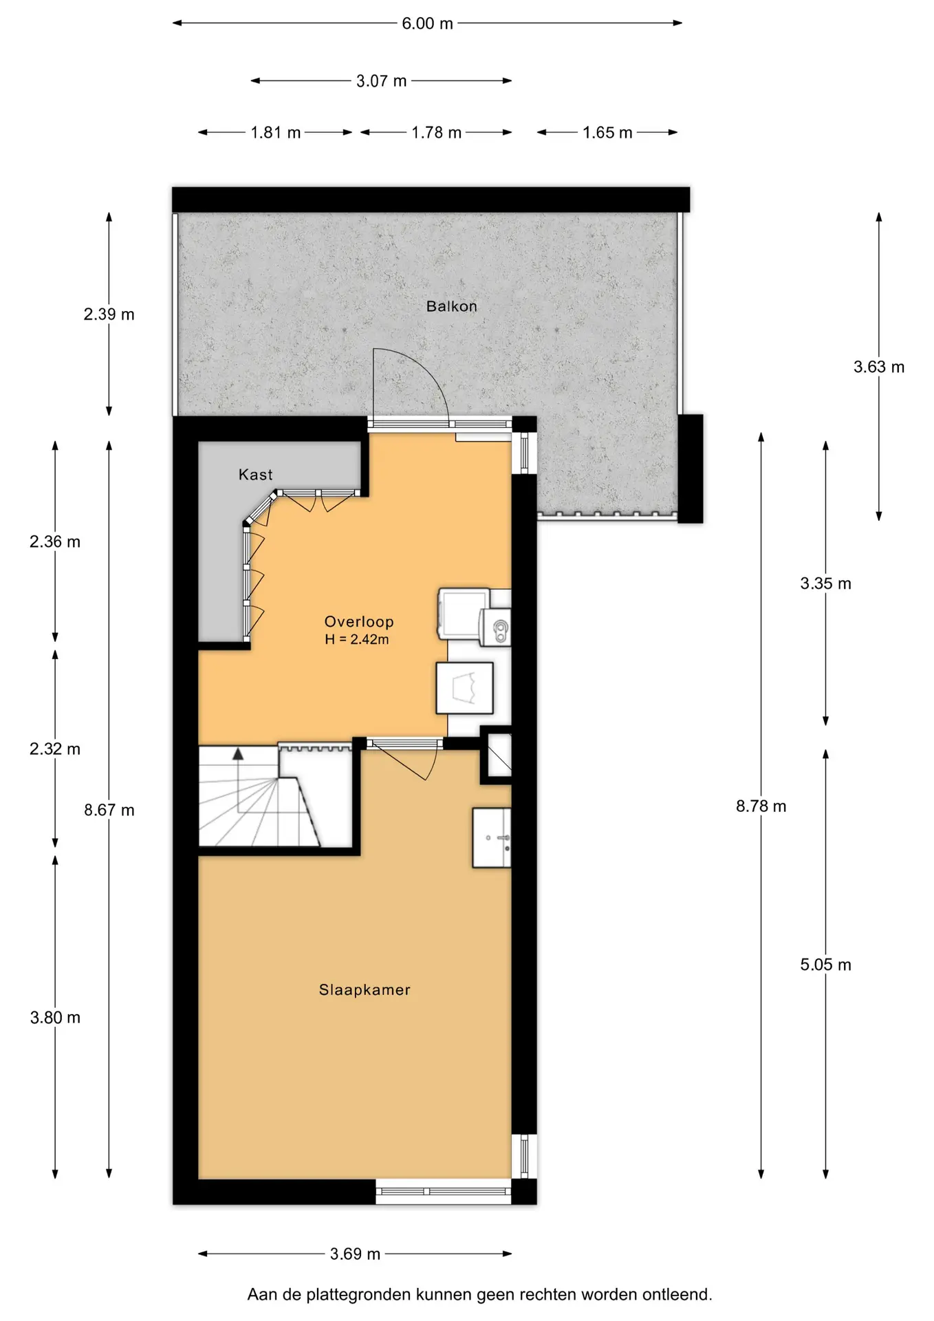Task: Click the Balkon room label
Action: click(x=451, y=306)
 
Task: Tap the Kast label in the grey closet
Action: click(x=255, y=474)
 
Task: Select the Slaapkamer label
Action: click(x=365, y=989)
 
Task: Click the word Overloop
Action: click(x=359, y=621)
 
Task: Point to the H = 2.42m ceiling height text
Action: click(x=357, y=639)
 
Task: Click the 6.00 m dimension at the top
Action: click(x=427, y=23)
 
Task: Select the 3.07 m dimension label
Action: click(x=381, y=81)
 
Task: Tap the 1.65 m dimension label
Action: click(x=607, y=133)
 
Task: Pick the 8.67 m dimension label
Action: click(x=109, y=810)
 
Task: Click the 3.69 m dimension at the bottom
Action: click(x=355, y=1254)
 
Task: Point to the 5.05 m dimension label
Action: click(x=825, y=965)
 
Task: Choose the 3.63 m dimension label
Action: click(x=879, y=367)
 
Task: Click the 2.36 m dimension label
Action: click(x=55, y=541)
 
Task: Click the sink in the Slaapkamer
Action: click(x=492, y=837)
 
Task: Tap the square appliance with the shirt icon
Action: click(x=465, y=688)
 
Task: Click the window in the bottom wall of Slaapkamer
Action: click(x=443, y=1192)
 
